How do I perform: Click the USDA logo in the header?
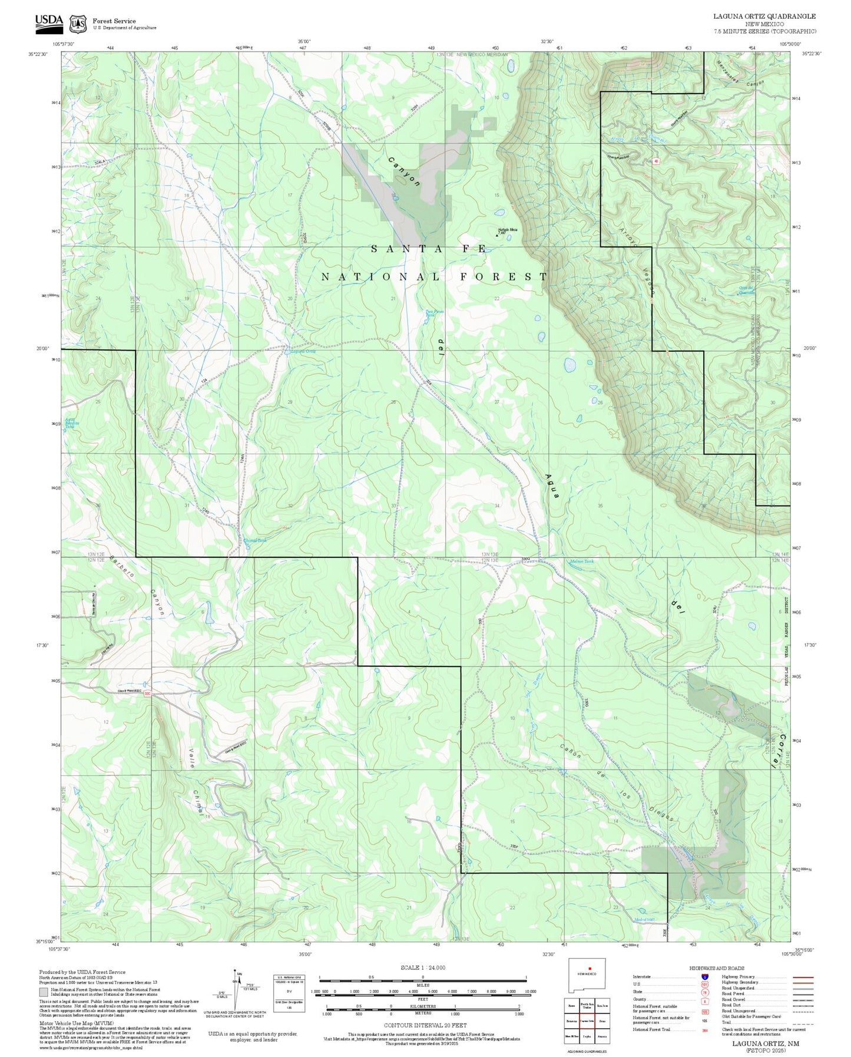tap(49, 22)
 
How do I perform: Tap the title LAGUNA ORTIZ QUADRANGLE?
tap(764, 16)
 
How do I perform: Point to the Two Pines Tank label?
tap(435, 313)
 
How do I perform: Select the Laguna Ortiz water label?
tap(303, 352)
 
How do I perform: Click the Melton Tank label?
tap(582, 561)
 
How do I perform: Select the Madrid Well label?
tap(644, 920)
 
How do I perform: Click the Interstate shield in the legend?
tap(705, 976)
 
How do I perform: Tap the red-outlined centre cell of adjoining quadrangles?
tap(587, 1020)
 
